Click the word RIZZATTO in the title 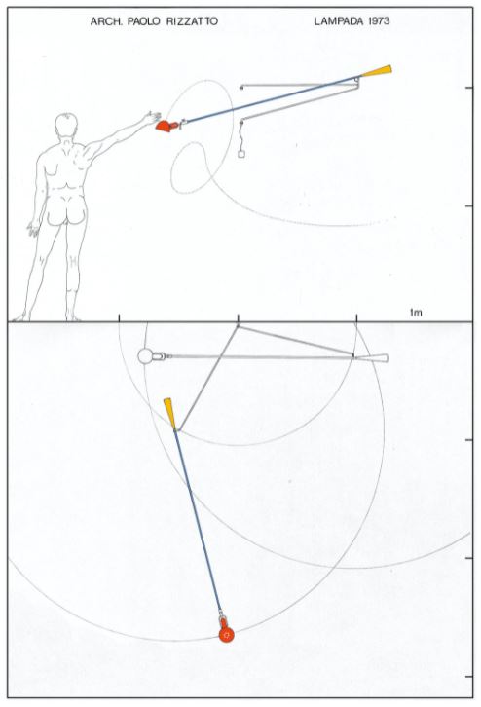coord(192,21)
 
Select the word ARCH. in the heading coord(107,21)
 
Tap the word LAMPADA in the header coord(338,20)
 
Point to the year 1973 coord(378,20)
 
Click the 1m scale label coord(416,312)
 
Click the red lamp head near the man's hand coord(166,126)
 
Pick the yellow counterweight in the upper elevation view coord(377,71)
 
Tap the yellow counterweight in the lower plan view coord(170,413)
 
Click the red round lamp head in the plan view coord(226,634)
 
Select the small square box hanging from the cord coord(241,154)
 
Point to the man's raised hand coord(151,117)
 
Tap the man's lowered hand coord(33,229)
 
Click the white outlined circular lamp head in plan coord(145,356)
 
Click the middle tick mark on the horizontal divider coord(238,317)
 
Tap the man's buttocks coord(66,213)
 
